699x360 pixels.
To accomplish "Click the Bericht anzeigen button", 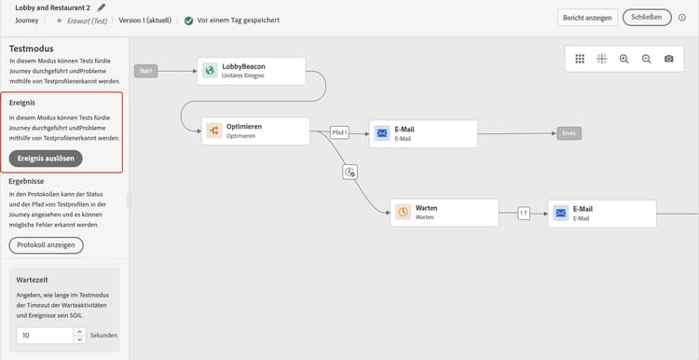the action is coord(585,18).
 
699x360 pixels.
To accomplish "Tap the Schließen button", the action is coord(646,18).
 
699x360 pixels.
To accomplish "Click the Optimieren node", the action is coord(254,131).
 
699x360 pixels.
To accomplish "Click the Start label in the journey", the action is coord(144,71).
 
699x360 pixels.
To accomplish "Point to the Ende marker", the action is coord(569,133).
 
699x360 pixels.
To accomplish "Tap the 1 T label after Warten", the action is coord(524,213).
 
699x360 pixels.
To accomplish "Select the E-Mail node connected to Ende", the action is coord(423,133).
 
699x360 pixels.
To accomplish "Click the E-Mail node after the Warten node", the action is coord(601,213).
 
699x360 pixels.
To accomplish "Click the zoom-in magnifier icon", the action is coord(624,59).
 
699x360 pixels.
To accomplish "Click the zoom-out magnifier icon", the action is coord(646,59).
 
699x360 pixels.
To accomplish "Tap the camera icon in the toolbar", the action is coord(668,59).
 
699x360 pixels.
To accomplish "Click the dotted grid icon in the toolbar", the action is coord(579,59).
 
